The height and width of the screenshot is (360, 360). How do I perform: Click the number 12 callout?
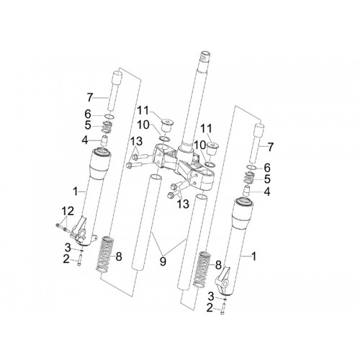(68, 211)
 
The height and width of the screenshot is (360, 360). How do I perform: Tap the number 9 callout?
(163, 261)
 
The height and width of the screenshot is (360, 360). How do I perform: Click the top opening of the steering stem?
(205, 54)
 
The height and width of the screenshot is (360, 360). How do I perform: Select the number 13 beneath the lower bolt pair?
(183, 204)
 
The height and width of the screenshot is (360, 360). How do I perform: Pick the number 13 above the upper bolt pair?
(136, 141)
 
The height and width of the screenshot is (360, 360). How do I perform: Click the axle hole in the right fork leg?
(225, 284)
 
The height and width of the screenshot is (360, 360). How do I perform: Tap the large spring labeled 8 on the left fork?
(105, 255)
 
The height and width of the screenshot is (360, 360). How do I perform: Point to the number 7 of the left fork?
(90, 98)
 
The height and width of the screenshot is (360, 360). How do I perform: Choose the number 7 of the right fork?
(271, 147)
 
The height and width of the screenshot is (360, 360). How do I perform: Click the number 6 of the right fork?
(267, 168)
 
